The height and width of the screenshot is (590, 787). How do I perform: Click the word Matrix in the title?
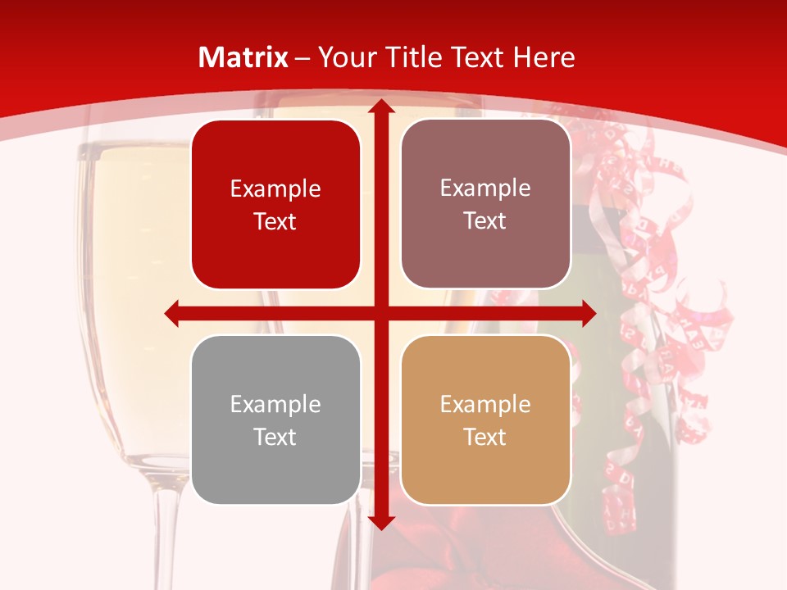(x=243, y=57)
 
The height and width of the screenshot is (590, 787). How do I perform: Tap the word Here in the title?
(x=544, y=57)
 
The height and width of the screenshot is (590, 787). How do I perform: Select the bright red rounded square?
(x=275, y=204)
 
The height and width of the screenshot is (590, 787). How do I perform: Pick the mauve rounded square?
(x=485, y=204)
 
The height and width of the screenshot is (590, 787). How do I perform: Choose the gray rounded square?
(x=275, y=420)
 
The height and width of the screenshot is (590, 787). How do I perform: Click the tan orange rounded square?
(x=485, y=420)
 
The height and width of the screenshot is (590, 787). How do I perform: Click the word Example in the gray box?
(x=275, y=404)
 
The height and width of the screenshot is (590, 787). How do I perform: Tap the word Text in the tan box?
(x=485, y=437)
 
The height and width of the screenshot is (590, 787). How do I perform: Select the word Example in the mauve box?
(x=485, y=188)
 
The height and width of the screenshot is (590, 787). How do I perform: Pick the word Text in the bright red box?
(x=275, y=221)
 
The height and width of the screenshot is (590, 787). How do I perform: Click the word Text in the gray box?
(x=275, y=437)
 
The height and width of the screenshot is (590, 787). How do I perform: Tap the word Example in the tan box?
(x=485, y=404)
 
